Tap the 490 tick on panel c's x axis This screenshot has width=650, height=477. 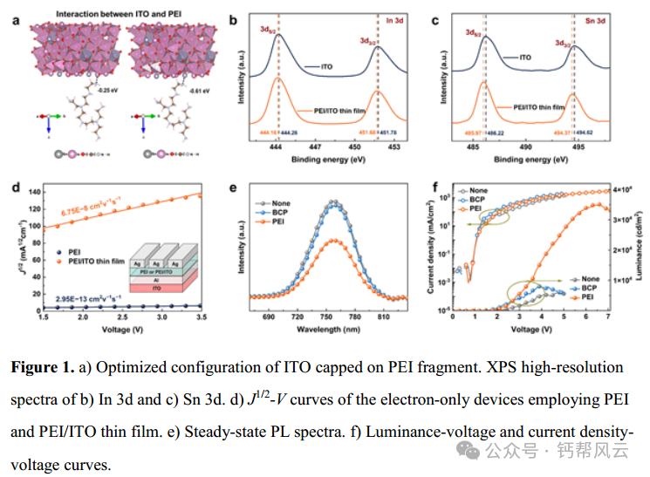point(524,148)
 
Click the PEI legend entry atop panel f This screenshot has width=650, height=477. point(475,209)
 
